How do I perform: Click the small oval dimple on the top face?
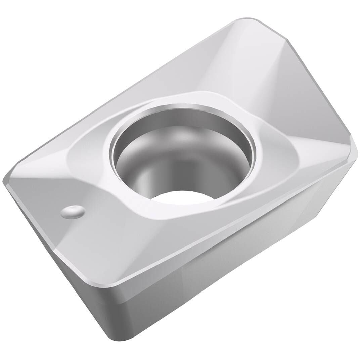pos(73,212)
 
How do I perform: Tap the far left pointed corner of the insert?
pos(5,181)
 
